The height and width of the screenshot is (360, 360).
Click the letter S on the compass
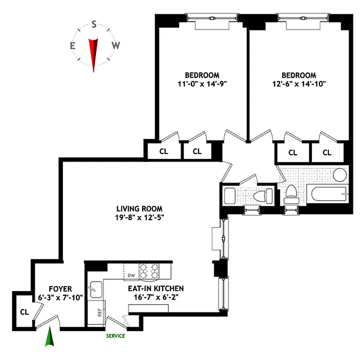(x=94, y=25)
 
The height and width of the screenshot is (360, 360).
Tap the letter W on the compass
(x=116, y=45)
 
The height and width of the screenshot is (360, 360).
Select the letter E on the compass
(x=72, y=45)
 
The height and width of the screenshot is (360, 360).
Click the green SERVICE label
(x=115, y=336)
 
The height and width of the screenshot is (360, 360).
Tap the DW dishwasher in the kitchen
(x=131, y=274)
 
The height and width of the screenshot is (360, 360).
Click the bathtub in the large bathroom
(x=328, y=195)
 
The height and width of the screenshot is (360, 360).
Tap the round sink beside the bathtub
(x=339, y=174)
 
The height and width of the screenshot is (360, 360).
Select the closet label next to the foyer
(x=24, y=311)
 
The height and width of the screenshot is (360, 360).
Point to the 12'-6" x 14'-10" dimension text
(x=299, y=83)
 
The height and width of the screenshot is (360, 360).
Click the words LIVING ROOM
(x=139, y=209)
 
